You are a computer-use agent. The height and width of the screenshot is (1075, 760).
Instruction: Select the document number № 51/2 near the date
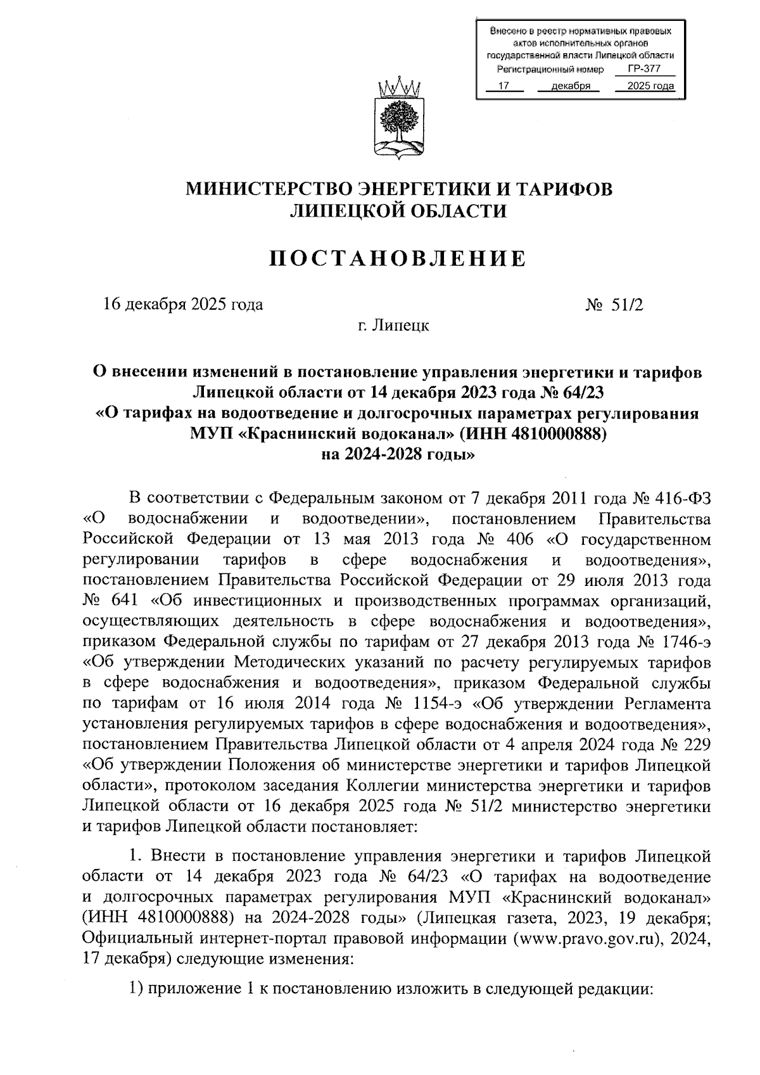614,305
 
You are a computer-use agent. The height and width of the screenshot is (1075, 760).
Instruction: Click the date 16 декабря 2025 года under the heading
183,305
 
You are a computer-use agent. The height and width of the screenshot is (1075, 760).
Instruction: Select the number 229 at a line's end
695,745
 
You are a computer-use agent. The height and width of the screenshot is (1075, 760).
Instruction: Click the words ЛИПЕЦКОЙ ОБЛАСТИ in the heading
398,211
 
